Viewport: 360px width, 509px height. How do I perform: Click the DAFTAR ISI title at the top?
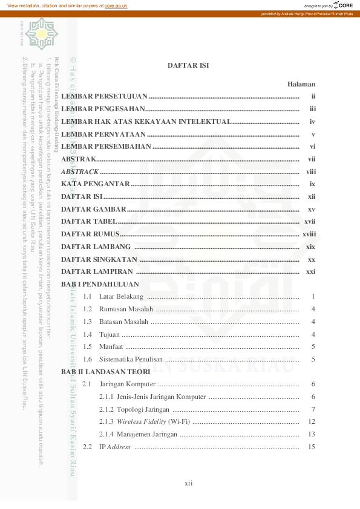coord(188,65)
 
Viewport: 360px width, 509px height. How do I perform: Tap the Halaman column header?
coord(301,85)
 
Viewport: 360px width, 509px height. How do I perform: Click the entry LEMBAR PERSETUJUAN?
coord(104,97)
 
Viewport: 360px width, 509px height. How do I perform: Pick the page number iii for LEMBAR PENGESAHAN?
coord(313,109)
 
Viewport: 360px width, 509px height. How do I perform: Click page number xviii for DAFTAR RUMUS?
coord(309,234)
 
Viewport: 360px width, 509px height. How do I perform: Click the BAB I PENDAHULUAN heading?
coord(100,284)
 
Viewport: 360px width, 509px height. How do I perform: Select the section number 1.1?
coord(87,297)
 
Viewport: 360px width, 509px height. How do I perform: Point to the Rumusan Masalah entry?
coord(126,310)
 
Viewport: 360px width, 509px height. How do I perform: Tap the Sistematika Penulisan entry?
coord(131,360)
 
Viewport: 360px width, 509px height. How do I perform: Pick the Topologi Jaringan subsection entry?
coord(134,410)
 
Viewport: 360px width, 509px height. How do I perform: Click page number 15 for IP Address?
coord(312,447)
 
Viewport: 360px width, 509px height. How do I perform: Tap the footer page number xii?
coord(188,484)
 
